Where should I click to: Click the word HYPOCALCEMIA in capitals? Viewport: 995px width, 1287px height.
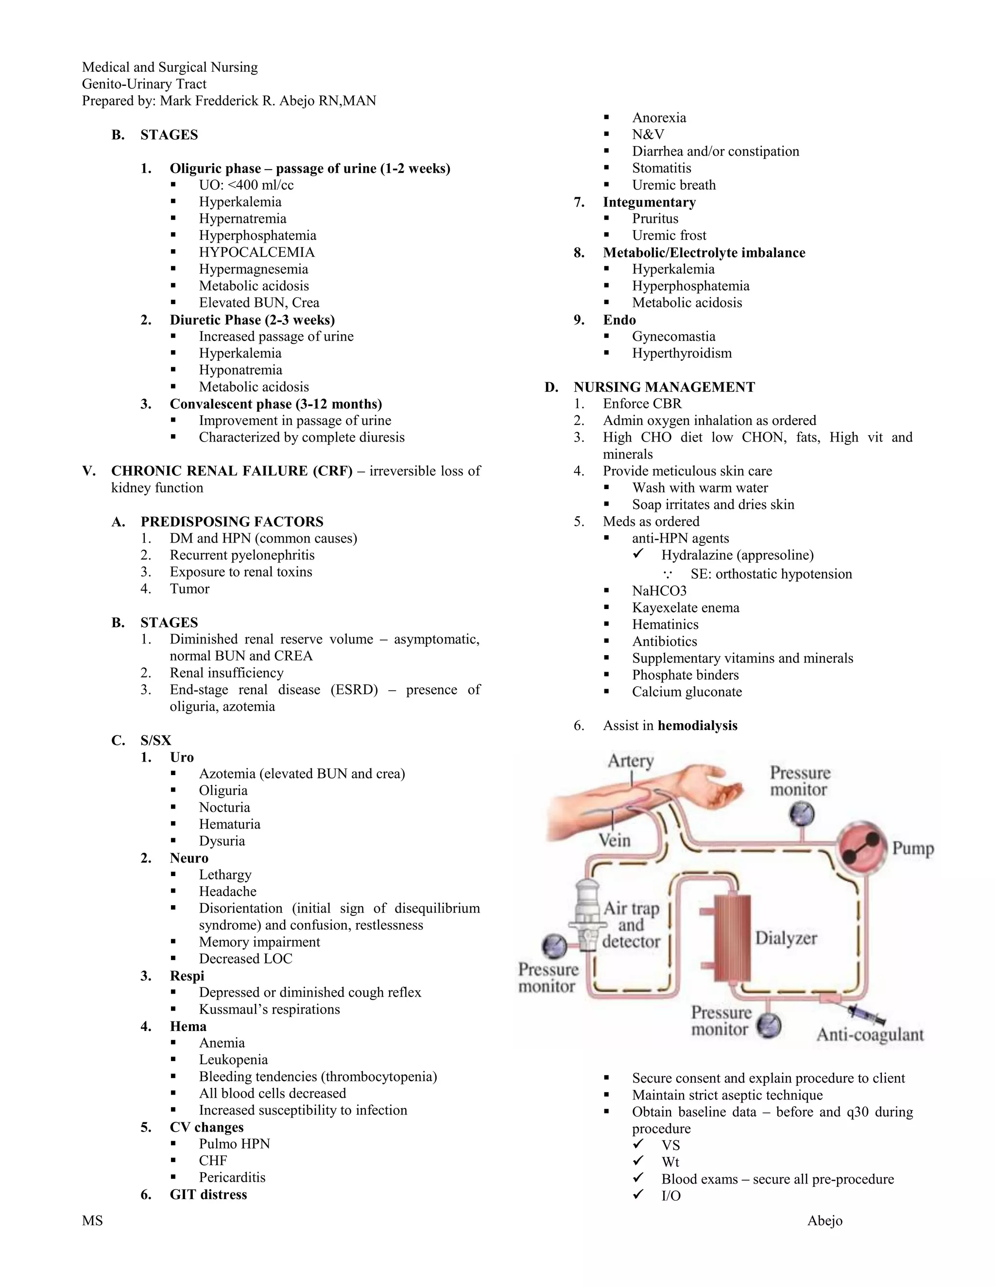257,252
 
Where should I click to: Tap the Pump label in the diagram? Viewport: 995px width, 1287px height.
912,848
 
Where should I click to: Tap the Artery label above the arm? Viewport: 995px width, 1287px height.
630,761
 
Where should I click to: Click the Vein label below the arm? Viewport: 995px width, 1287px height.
614,840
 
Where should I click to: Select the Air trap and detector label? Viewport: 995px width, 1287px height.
631,925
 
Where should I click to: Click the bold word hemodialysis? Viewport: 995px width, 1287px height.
697,726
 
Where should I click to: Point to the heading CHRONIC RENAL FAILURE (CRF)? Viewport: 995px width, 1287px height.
232,471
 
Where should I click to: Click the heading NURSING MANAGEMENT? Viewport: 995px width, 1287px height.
664,387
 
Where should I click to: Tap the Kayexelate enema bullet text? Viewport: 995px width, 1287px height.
685,608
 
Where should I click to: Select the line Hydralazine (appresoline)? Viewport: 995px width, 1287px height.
737,555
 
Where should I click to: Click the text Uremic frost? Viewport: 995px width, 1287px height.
669,236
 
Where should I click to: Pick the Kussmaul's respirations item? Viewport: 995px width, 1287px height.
269,1010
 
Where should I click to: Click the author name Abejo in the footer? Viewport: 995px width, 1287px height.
824,1220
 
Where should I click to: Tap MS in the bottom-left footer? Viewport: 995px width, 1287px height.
92,1220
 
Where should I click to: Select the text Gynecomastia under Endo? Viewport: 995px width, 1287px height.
673,337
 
